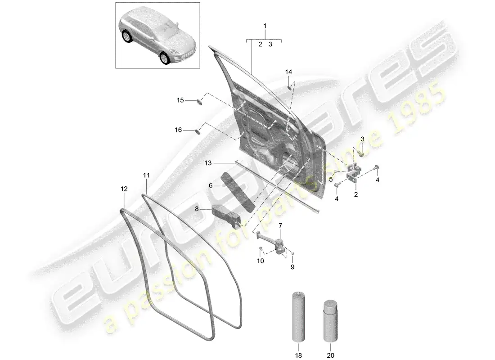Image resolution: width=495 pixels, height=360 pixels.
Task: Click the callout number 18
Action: tap(297, 348)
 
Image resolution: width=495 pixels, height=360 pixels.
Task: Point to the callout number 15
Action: tap(180, 100)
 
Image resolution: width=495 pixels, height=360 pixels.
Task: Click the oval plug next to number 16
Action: tap(197, 131)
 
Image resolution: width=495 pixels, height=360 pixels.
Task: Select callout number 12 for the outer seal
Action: tap(124, 190)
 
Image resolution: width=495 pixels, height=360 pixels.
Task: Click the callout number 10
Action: tap(261, 261)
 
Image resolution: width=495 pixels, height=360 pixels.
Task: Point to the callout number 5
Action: tap(330, 179)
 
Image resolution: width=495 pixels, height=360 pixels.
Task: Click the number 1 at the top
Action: tap(265, 26)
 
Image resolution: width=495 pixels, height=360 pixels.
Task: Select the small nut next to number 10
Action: tap(261, 248)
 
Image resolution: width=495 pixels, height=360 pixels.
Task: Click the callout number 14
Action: tap(288, 72)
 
